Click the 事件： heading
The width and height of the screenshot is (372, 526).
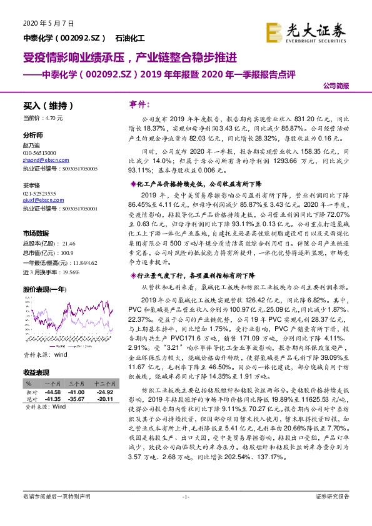[x=138, y=103]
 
